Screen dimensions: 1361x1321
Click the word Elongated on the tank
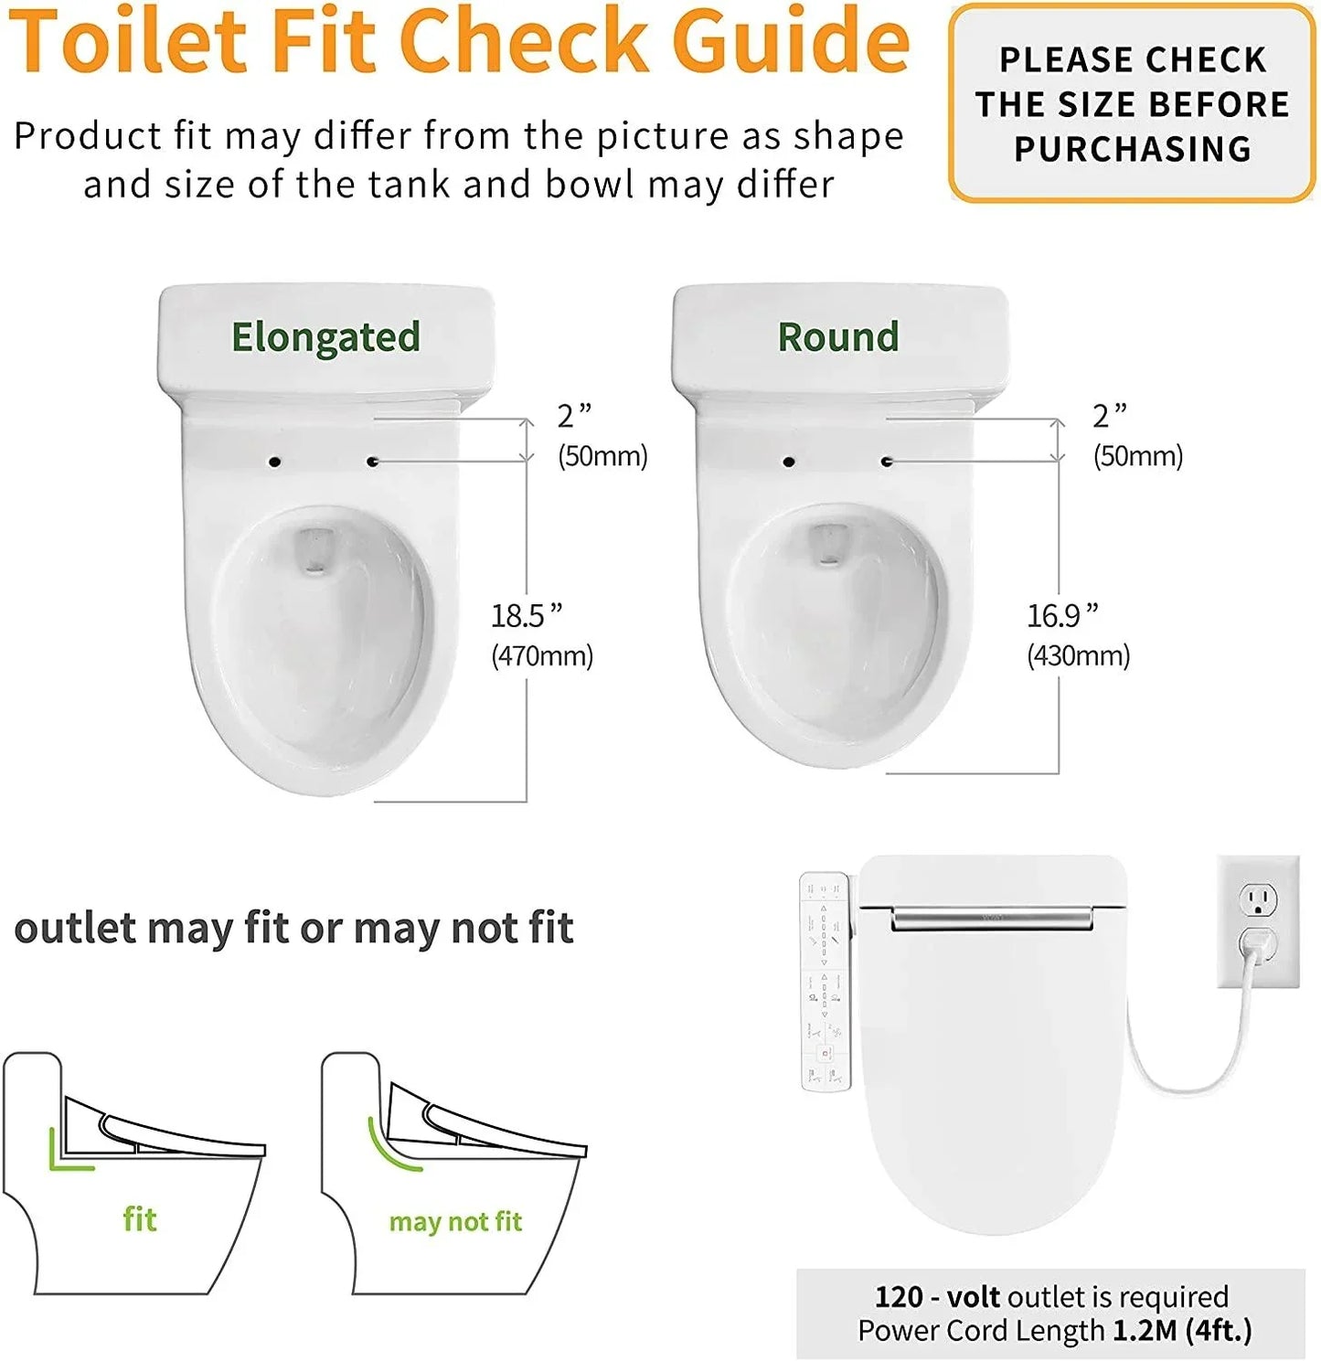click(x=325, y=337)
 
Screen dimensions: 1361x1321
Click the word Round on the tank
click(x=838, y=337)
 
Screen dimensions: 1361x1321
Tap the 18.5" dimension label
click(x=527, y=616)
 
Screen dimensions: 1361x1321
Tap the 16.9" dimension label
click(x=1062, y=616)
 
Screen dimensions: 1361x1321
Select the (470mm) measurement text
click(x=542, y=655)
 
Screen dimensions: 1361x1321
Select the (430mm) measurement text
click(x=1079, y=655)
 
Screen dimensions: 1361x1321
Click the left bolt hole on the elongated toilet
click(x=274, y=463)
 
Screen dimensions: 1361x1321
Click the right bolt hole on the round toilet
click(x=886, y=463)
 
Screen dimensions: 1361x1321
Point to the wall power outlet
click(x=1259, y=921)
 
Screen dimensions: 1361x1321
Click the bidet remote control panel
click(x=826, y=982)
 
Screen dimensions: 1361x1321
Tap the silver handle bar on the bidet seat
click(x=992, y=918)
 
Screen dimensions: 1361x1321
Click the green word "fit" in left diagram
click(x=140, y=1219)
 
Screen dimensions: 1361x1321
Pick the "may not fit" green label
click(x=455, y=1222)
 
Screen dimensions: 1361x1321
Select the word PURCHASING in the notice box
click(x=1133, y=149)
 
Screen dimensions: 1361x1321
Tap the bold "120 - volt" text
click(x=939, y=1297)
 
